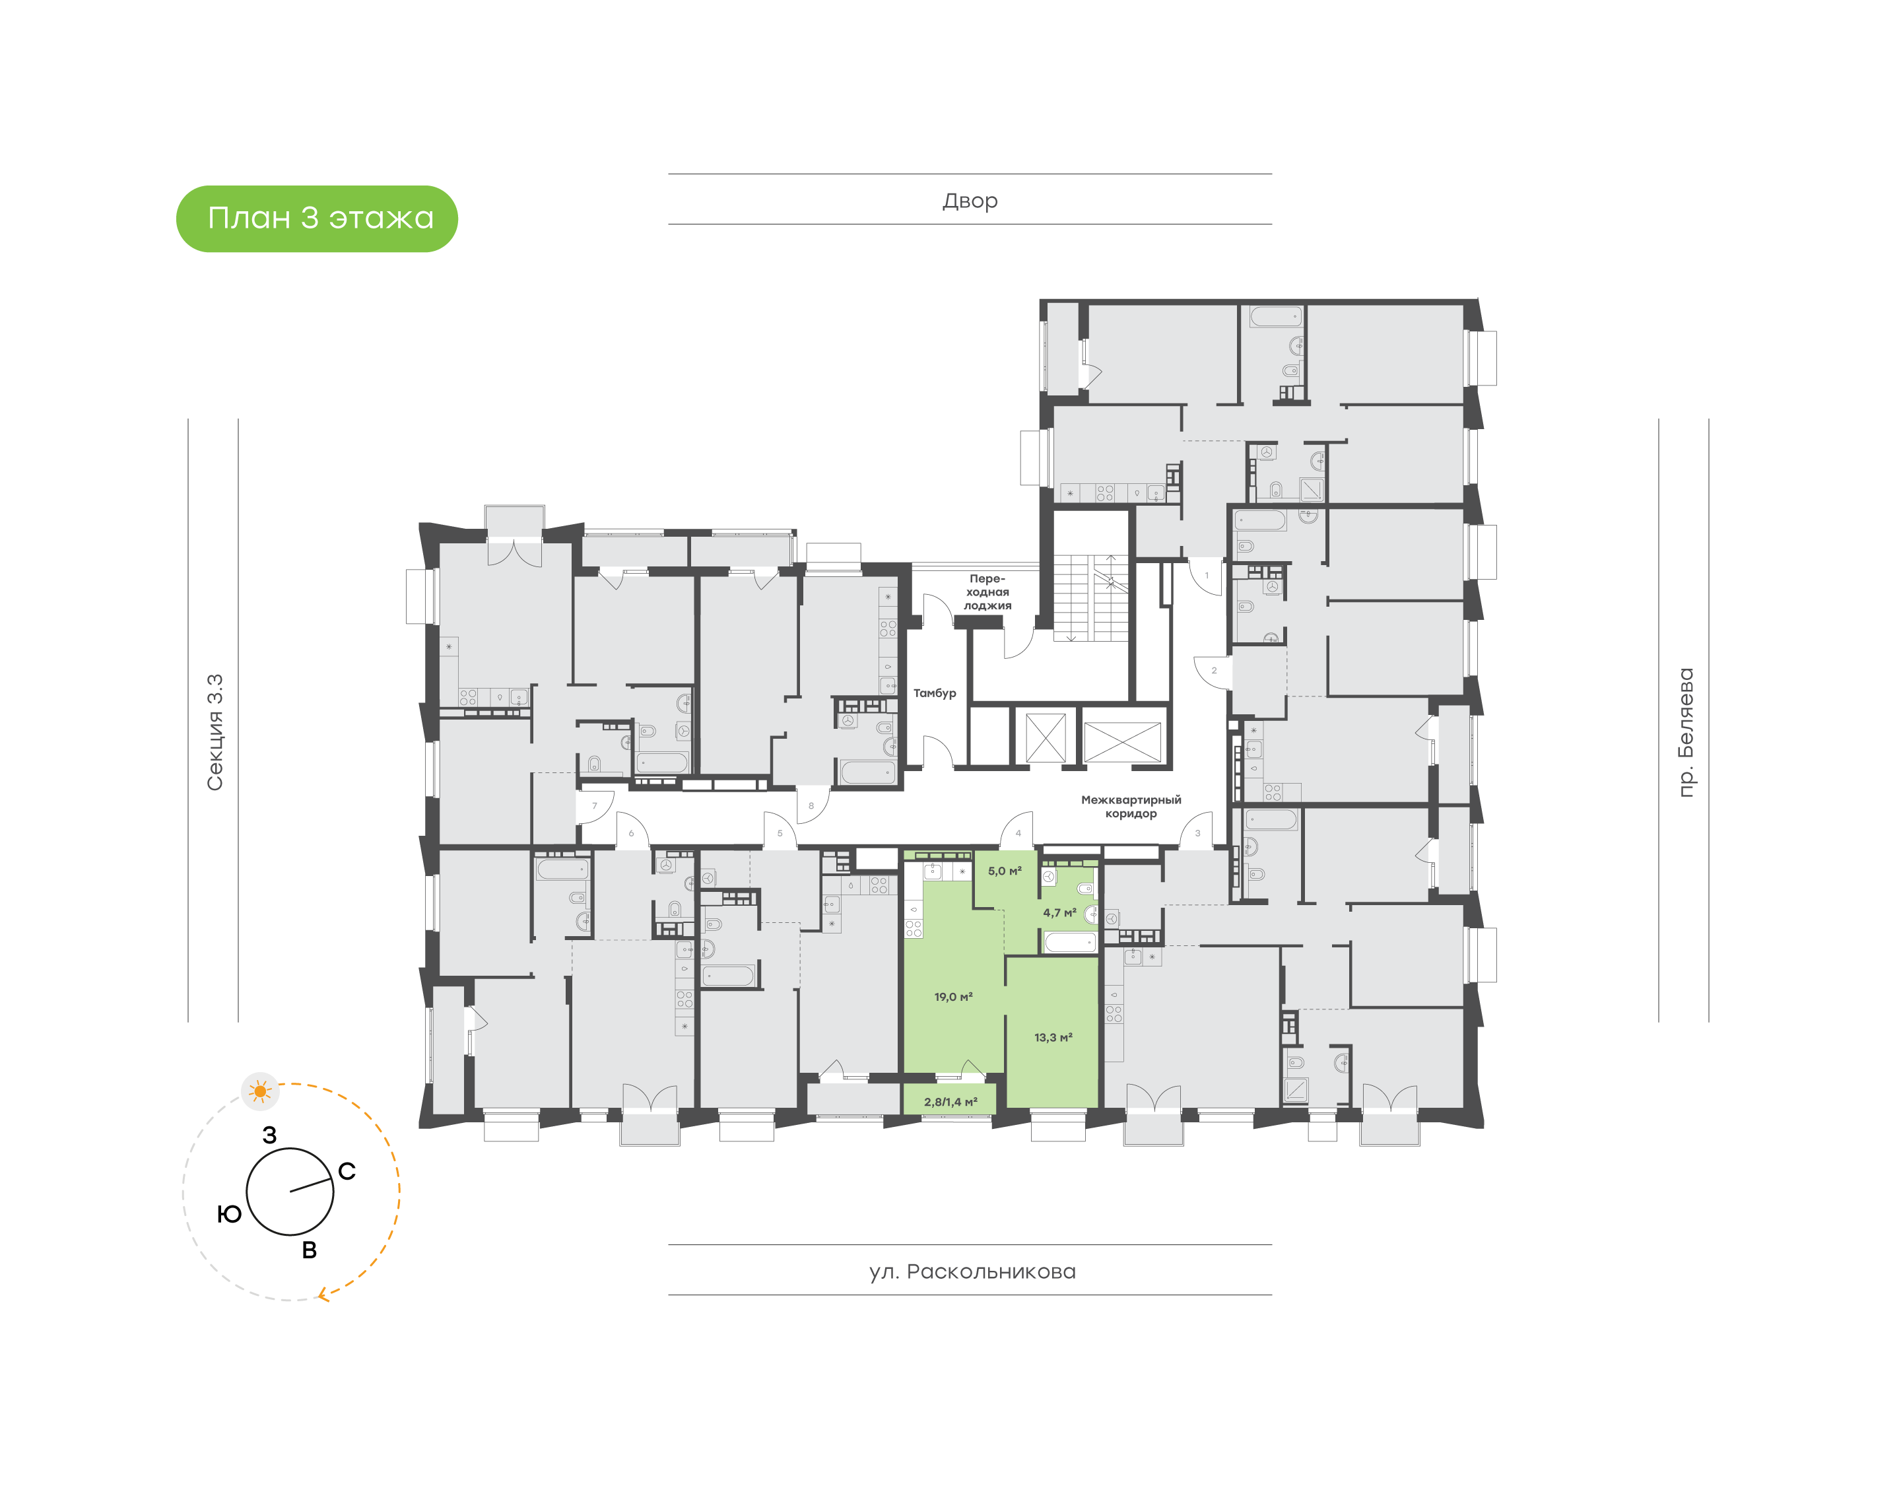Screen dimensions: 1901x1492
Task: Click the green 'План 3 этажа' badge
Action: coord(317,219)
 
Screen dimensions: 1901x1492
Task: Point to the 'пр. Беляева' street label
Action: coord(1684,732)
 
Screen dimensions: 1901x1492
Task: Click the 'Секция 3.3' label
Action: coord(215,732)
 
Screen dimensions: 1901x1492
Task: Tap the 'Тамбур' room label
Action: coord(935,693)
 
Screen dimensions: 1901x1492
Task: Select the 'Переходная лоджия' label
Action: coord(987,592)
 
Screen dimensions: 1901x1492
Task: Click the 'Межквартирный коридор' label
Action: coord(1131,806)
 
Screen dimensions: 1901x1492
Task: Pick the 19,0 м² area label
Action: coord(952,997)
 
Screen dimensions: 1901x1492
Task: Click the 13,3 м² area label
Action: coord(1053,1038)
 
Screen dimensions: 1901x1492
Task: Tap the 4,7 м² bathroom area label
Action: coord(1059,913)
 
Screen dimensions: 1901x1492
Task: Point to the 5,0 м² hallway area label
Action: coord(1004,871)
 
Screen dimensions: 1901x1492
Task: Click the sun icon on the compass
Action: coord(259,1091)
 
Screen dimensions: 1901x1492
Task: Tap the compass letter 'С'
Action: coord(347,1171)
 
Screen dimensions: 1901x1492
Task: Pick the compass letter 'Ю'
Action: coord(230,1214)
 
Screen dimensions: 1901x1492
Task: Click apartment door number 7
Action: coord(595,806)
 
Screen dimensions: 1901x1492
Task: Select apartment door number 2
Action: coord(1214,671)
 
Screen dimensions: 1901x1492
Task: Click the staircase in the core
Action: coord(1092,597)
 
